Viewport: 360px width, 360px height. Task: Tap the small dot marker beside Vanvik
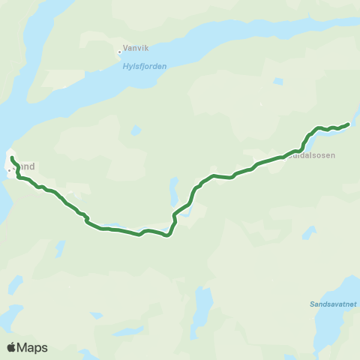(119, 52)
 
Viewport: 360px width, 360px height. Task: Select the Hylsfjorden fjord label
(144, 66)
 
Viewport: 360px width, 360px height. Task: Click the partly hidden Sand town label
(25, 167)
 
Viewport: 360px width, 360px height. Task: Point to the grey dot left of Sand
(9, 171)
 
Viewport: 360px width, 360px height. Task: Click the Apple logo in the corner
(12, 347)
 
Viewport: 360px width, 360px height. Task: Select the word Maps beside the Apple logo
(33, 347)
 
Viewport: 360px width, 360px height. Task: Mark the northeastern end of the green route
(349, 124)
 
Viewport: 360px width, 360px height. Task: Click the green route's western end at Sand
(12, 157)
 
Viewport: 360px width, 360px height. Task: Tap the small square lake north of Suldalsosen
(278, 81)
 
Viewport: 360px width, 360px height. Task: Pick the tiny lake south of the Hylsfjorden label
(135, 130)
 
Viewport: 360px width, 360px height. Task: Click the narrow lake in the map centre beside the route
(174, 187)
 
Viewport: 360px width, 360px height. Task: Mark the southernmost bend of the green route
(168, 235)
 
